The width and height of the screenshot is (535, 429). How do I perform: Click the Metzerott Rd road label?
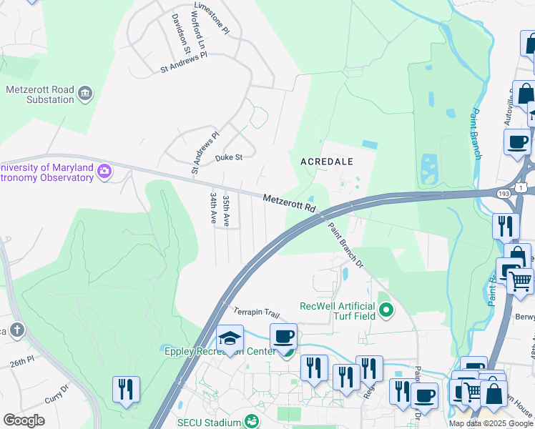(289, 203)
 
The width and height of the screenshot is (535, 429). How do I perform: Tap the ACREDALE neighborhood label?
(327, 162)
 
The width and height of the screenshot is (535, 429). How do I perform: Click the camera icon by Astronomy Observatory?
(105, 170)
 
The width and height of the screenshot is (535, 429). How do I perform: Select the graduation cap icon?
(230, 338)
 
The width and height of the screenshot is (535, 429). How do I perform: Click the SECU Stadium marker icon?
(251, 421)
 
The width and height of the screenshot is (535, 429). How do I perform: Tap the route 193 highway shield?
(503, 193)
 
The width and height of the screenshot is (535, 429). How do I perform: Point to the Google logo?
(24, 420)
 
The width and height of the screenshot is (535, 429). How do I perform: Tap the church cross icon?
(17, 330)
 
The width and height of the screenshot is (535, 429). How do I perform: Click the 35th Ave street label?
(226, 210)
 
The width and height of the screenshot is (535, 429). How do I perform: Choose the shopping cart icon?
(521, 280)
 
